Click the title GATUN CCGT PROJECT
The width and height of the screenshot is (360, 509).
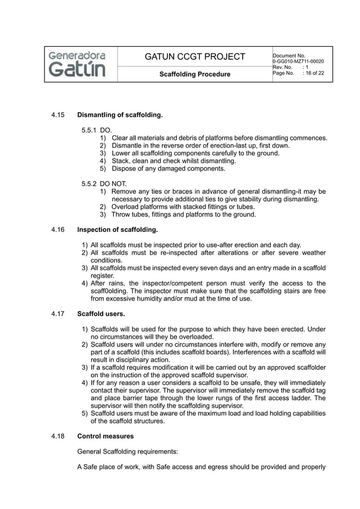pos(195,56)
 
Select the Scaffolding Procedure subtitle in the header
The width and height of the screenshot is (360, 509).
pos(195,74)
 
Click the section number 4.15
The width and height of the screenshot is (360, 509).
pos(58,116)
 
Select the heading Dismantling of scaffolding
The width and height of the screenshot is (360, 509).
pos(120,116)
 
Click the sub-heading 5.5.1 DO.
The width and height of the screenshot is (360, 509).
pos(96,130)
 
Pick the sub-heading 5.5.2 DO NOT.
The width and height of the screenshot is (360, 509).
pos(104,183)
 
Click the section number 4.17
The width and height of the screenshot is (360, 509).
pos(58,314)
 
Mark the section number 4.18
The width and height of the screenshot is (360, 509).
pos(58,436)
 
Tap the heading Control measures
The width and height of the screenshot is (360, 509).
pos(106,436)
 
